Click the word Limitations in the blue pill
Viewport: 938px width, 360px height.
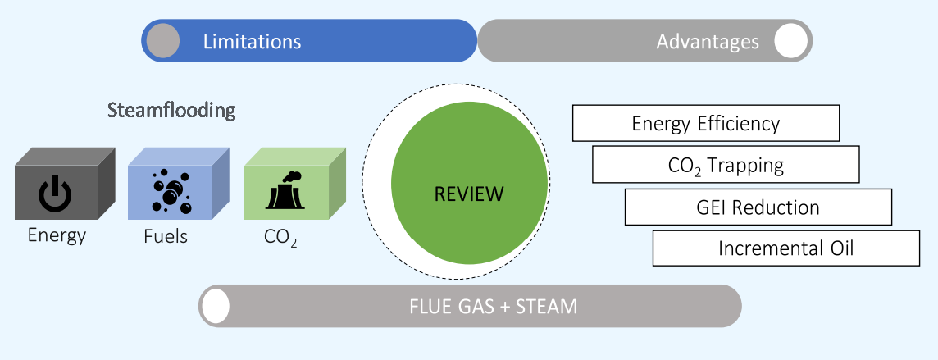coord(252,41)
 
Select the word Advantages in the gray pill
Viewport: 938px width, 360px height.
coord(708,41)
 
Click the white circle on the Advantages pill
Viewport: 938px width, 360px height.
coord(790,41)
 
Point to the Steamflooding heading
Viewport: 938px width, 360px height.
coord(171,110)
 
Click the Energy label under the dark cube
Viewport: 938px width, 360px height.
coord(57,235)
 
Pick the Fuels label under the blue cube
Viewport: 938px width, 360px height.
coord(166,236)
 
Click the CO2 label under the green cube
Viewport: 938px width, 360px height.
coord(280,237)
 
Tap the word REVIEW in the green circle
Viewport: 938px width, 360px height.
coord(469,194)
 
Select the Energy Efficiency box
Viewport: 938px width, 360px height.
coord(705,123)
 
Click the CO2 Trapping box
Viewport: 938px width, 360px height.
coord(726,165)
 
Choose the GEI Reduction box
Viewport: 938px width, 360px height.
coord(758,207)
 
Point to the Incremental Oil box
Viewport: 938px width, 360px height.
coord(785,248)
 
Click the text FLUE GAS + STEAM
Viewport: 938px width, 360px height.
coord(494,307)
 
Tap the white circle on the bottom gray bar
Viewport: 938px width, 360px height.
coord(216,307)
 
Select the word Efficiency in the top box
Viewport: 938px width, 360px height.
coord(739,123)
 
